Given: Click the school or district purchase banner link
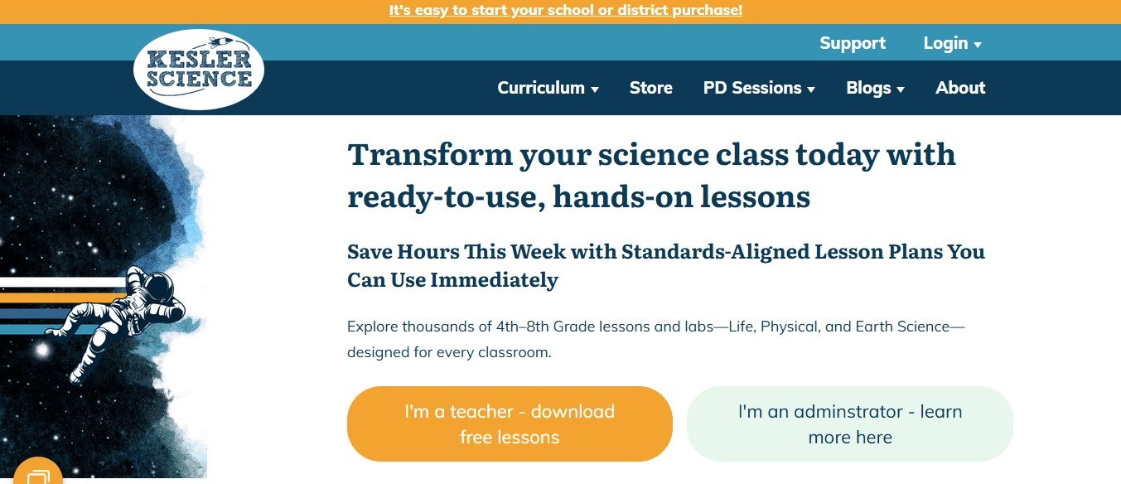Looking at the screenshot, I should point(566,11).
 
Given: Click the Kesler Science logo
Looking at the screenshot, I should point(199,70).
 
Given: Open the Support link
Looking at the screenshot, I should point(853,43).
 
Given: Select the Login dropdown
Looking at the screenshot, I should point(952,43).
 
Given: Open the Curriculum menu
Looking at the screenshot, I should point(548,88).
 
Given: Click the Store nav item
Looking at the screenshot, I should point(650,88).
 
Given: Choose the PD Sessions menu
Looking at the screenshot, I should point(759,88).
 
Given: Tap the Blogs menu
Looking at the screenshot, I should point(875,88).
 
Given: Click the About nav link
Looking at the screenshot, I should point(960,88).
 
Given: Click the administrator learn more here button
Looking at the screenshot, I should point(849,423).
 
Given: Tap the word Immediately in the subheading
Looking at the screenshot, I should point(494,280).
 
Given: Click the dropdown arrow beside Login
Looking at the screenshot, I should point(978,45).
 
